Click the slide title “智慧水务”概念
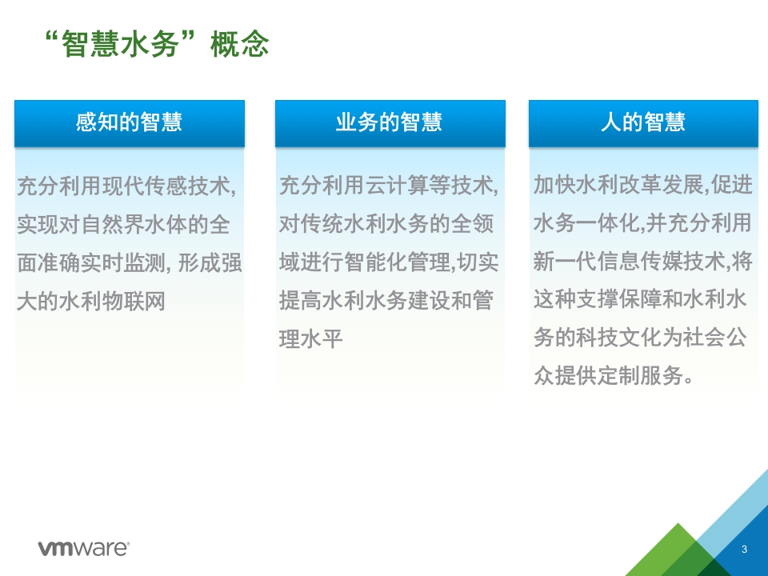coord(157,43)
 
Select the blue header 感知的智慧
coord(130,123)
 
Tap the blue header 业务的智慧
coord(390,123)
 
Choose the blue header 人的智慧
coord(643,123)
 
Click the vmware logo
coord(84,548)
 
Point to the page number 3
coord(744,549)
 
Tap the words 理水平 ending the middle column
coord(310,339)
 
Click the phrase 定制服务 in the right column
coord(640,376)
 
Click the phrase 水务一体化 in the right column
coord(586,223)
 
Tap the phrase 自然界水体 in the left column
coord(134,225)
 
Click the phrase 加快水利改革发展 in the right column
coord(618,185)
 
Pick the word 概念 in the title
coord(240,44)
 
